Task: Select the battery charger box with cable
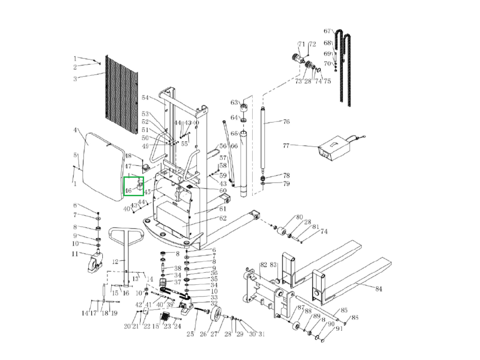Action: pyautogui.click(x=335, y=148)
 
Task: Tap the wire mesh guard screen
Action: pyautogui.click(x=121, y=94)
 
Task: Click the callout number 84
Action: pyautogui.click(x=378, y=288)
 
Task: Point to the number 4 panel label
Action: pyautogui.click(x=75, y=130)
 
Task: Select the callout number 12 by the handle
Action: pyautogui.click(x=115, y=261)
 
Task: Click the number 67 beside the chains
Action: pyautogui.click(x=327, y=31)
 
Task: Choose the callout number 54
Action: pyautogui.click(x=145, y=98)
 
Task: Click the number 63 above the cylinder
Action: pyautogui.click(x=234, y=103)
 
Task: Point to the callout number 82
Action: pyautogui.click(x=263, y=265)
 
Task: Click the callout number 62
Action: pyautogui.click(x=223, y=218)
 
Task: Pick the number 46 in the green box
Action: pyautogui.click(x=128, y=191)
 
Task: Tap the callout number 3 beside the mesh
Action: pyautogui.click(x=75, y=79)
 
